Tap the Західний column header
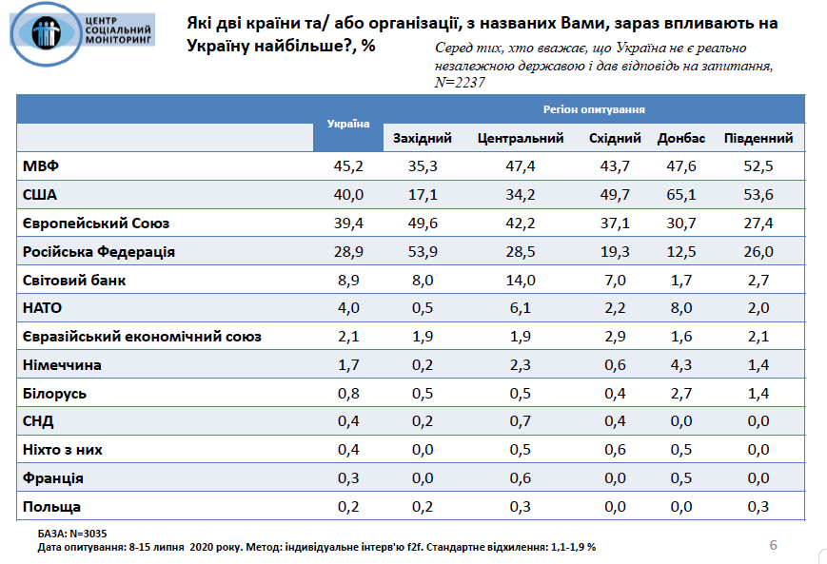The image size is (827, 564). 422,139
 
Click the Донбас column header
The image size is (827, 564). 680,139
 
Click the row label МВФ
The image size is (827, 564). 41,166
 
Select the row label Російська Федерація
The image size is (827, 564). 98,252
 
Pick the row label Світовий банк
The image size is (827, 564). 74,281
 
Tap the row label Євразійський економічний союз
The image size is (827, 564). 141,337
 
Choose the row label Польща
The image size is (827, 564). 51,507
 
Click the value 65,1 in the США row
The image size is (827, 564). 680,195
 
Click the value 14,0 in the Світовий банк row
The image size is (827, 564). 521,281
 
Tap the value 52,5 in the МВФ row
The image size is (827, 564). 758,166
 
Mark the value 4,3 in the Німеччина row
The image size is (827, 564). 680,365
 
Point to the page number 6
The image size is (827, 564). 773,545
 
